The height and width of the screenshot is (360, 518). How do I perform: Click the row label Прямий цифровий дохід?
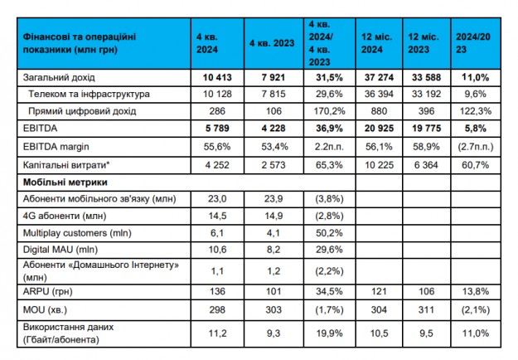pos(80,112)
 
